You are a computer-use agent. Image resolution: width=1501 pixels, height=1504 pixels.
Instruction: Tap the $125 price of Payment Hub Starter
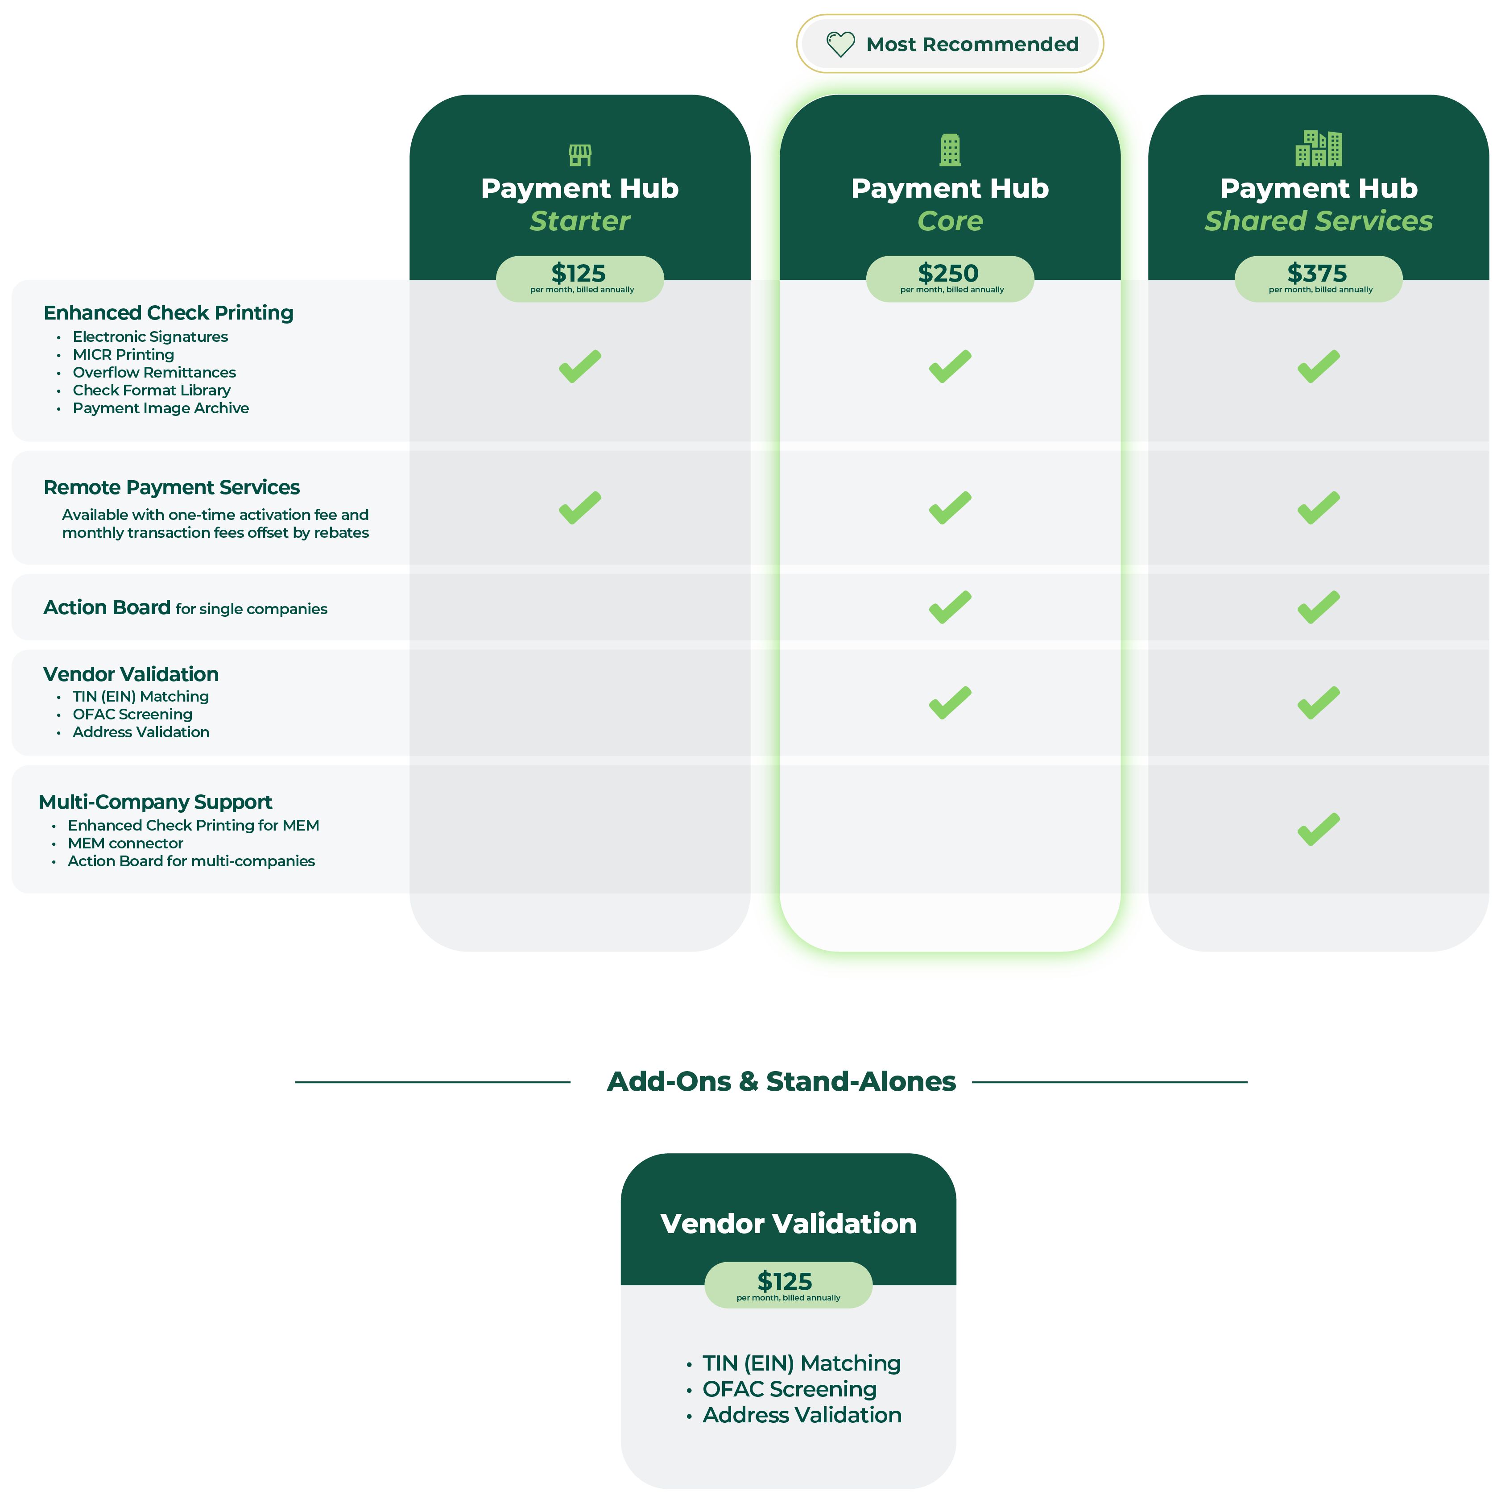[x=579, y=274]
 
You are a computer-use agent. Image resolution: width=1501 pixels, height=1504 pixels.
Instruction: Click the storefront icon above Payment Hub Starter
[x=580, y=155]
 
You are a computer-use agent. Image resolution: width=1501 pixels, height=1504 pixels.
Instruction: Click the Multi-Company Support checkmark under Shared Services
[x=1318, y=829]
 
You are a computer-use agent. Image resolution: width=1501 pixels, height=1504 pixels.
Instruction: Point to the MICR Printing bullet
[x=124, y=355]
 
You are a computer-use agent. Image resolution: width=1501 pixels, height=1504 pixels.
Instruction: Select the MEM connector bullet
[x=125, y=844]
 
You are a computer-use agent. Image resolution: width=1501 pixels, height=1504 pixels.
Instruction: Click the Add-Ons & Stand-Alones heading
[x=781, y=1082]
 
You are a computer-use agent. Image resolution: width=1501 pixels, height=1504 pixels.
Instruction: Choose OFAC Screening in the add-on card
[x=789, y=1390]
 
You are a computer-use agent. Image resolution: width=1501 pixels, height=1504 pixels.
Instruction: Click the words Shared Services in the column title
[x=1318, y=221]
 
